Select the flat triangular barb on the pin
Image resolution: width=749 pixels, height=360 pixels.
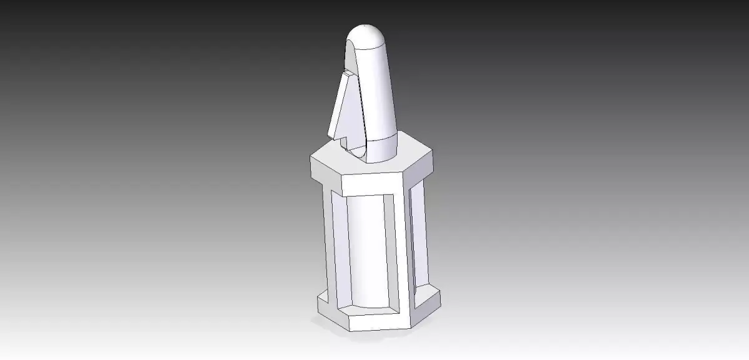(x=343, y=109)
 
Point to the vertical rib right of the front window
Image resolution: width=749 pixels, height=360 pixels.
(x=402, y=250)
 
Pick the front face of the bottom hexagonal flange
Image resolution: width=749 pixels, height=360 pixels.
(x=381, y=321)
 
